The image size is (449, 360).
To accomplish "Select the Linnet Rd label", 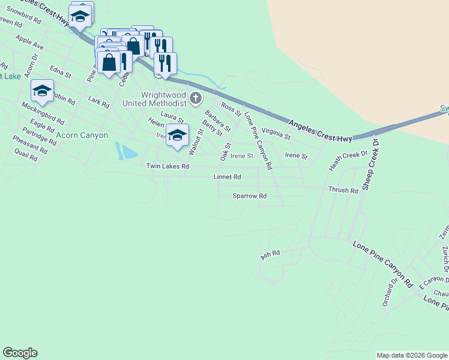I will coord(228,177).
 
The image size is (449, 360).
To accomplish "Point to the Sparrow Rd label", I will coord(250,196).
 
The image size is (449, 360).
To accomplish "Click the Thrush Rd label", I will coord(343,190).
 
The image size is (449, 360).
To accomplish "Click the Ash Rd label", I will coord(270,255).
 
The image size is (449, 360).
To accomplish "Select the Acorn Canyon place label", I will coord(82,136).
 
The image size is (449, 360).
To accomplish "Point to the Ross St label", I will coord(231,109).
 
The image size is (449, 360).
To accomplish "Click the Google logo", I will coord(20,353).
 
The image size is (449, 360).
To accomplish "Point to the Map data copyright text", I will coord(412,355).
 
